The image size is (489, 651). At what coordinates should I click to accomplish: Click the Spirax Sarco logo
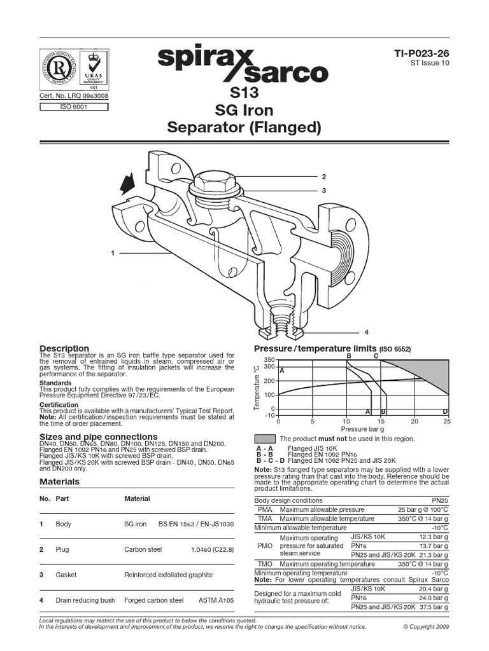pos(243,66)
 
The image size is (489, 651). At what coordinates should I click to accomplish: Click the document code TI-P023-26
pos(422,56)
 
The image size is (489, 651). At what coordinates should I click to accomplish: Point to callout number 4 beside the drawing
pos(366,332)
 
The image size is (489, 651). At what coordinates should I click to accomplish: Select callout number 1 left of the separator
pos(113,253)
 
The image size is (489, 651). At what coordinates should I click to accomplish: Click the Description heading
pos(64,348)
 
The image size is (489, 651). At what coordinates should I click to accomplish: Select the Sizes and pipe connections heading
pos(98,437)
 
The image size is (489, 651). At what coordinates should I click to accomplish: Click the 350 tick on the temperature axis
pos(269,360)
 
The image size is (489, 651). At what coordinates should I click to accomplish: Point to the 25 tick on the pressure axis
pos(447,421)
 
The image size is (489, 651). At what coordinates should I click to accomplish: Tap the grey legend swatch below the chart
pos(265,439)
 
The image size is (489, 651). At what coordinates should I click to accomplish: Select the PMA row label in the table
pos(264,510)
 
